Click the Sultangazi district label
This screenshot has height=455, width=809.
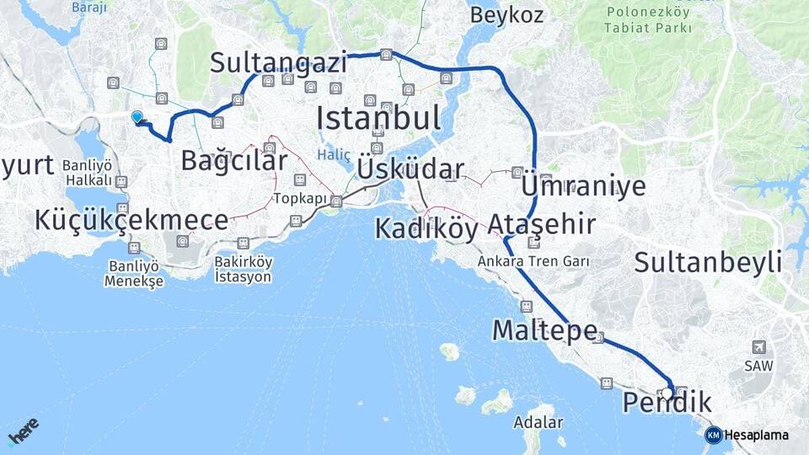pyautogui.click(x=278, y=62)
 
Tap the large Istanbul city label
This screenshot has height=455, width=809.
pyautogui.click(x=378, y=118)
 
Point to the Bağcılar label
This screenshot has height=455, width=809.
pyautogui.click(x=233, y=160)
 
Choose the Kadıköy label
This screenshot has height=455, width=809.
pyautogui.click(x=426, y=228)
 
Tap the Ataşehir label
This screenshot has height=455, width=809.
pyautogui.click(x=541, y=224)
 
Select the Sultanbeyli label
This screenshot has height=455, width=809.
pyautogui.click(x=708, y=261)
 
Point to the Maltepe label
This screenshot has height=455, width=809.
pyautogui.click(x=545, y=329)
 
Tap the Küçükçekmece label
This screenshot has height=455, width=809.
pyautogui.click(x=131, y=221)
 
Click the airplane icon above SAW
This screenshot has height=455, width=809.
pyautogui.click(x=759, y=347)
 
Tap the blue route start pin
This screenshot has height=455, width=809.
pyautogui.click(x=137, y=117)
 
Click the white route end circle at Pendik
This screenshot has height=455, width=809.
pyautogui.click(x=667, y=393)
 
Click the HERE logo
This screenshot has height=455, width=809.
pyautogui.click(x=24, y=432)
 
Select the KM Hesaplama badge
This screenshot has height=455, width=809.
pyautogui.click(x=747, y=435)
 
